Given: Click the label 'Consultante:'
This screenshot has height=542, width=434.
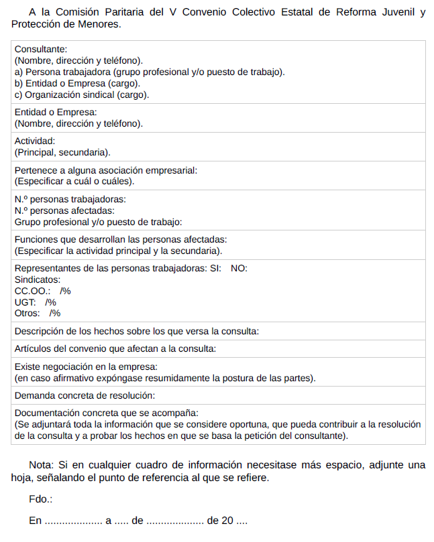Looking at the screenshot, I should click(x=40, y=49).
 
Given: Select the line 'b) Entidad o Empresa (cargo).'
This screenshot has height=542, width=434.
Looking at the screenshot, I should click(x=77, y=83).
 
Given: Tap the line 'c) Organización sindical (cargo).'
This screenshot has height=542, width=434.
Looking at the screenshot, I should click(x=82, y=94).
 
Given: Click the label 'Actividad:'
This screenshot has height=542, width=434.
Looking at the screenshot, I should click(x=35, y=141).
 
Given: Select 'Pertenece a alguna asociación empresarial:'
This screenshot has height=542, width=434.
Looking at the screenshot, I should click(x=106, y=170).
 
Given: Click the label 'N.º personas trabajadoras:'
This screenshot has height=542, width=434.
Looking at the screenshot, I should click(x=70, y=199).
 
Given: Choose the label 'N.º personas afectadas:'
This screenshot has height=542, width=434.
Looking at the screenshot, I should click(x=64, y=210).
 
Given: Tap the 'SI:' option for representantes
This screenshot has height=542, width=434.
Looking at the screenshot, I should click(x=215, y=268).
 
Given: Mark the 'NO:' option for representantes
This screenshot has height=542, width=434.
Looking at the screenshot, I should click(x=239, y=268).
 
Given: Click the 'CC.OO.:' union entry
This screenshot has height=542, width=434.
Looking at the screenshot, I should click(x=32, y=291).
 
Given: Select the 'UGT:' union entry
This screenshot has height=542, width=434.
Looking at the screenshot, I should click(x=25, y=302).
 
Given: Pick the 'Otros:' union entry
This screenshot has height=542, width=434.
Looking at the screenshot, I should click(x=27, y=313).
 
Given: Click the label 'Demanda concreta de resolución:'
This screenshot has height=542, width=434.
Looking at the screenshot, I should click(x=85, y=395).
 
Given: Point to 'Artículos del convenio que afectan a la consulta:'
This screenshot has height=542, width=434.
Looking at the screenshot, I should click(x=115, y=348).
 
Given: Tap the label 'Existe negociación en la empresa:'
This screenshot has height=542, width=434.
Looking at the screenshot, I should click(x=86, y=366).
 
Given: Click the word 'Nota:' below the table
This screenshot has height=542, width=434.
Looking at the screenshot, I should click(x=42, y=465).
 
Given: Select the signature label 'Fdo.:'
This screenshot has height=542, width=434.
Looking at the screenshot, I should click(x=40, y=499).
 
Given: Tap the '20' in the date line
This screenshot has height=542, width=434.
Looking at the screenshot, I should click(x=227, y=521).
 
